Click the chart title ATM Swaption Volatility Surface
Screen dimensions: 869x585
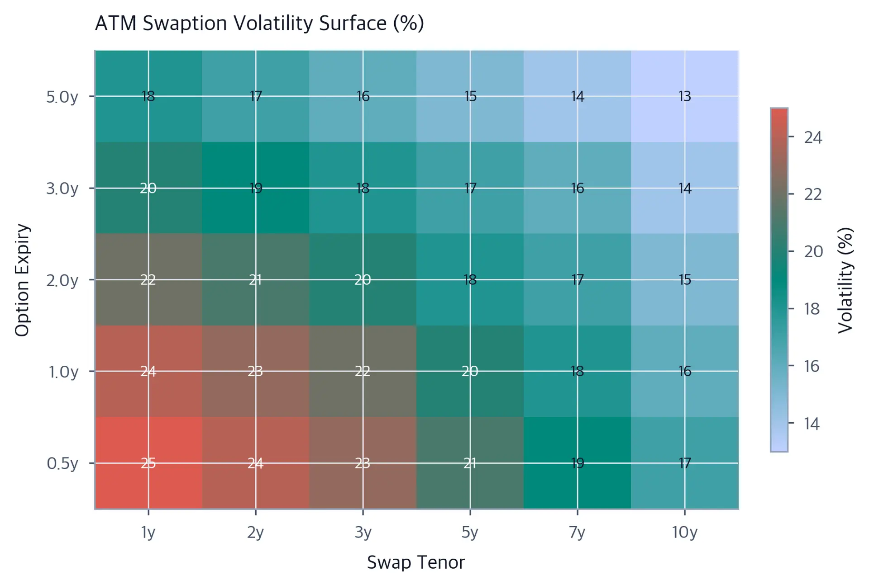tap(259, 24)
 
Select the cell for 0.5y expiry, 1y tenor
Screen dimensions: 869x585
tap(148, 463)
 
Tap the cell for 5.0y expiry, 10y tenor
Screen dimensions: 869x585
tap(685, 96)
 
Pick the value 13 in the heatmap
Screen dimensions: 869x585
tap(685, 96)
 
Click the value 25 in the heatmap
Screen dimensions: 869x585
tap(148, 463)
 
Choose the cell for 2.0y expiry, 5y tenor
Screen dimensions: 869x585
tap(470, 279)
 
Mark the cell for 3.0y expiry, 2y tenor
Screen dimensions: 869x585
tap(256, 188)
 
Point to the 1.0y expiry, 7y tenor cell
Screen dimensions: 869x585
tap(578, 371)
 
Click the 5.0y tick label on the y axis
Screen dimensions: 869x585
tap(62, 97)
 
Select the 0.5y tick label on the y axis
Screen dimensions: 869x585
tap(62, 463)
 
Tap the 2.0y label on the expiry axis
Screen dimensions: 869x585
tap(62, 280)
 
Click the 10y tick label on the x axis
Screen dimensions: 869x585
tap(685, 533)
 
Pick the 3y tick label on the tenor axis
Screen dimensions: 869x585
tap(363, 533)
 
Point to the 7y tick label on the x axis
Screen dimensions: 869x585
tap(578, 533)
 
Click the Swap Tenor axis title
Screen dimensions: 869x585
tap(416, 563)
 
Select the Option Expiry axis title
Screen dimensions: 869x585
tap(23, 280)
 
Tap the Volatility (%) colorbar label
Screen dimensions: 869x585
tap(845, 280)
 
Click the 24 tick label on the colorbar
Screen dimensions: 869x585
tap(813, 137)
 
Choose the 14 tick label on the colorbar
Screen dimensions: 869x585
tap(812, 424)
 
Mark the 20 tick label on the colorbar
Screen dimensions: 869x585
tap(813, 251)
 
